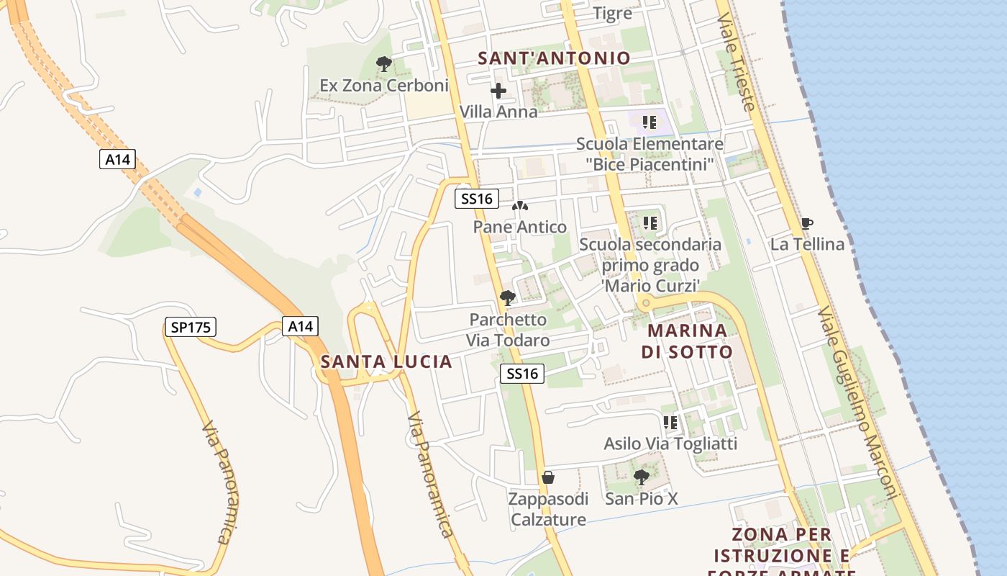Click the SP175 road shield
click(x=190, y=328)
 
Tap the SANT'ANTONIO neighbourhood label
click(x=554, y=58)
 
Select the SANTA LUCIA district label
click(x=387, y=361)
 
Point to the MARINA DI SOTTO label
click(x=687, y=341)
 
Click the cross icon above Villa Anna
click(x=498, y=91)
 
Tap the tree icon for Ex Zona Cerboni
click(x=384, y=64)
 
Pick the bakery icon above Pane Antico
click(x=519, y=206)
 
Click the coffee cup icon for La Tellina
click(x=806, y=223)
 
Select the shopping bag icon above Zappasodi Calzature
click(x=548, y=477)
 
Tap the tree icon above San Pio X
click(x=641, y=477)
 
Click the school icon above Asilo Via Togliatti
click(x=670, y=422)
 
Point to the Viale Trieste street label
click(x=736, y=63)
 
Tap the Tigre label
click(x=613, y=13)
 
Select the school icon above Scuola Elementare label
click(x=650, y=122)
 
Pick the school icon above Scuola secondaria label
click(x=650, y=223)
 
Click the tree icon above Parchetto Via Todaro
click(x=508, y=297)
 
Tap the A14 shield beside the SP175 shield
click(x=300, y=326)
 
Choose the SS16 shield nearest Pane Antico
click(x=476, y=199)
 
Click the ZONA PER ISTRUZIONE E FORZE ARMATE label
click(x=782, y=555)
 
